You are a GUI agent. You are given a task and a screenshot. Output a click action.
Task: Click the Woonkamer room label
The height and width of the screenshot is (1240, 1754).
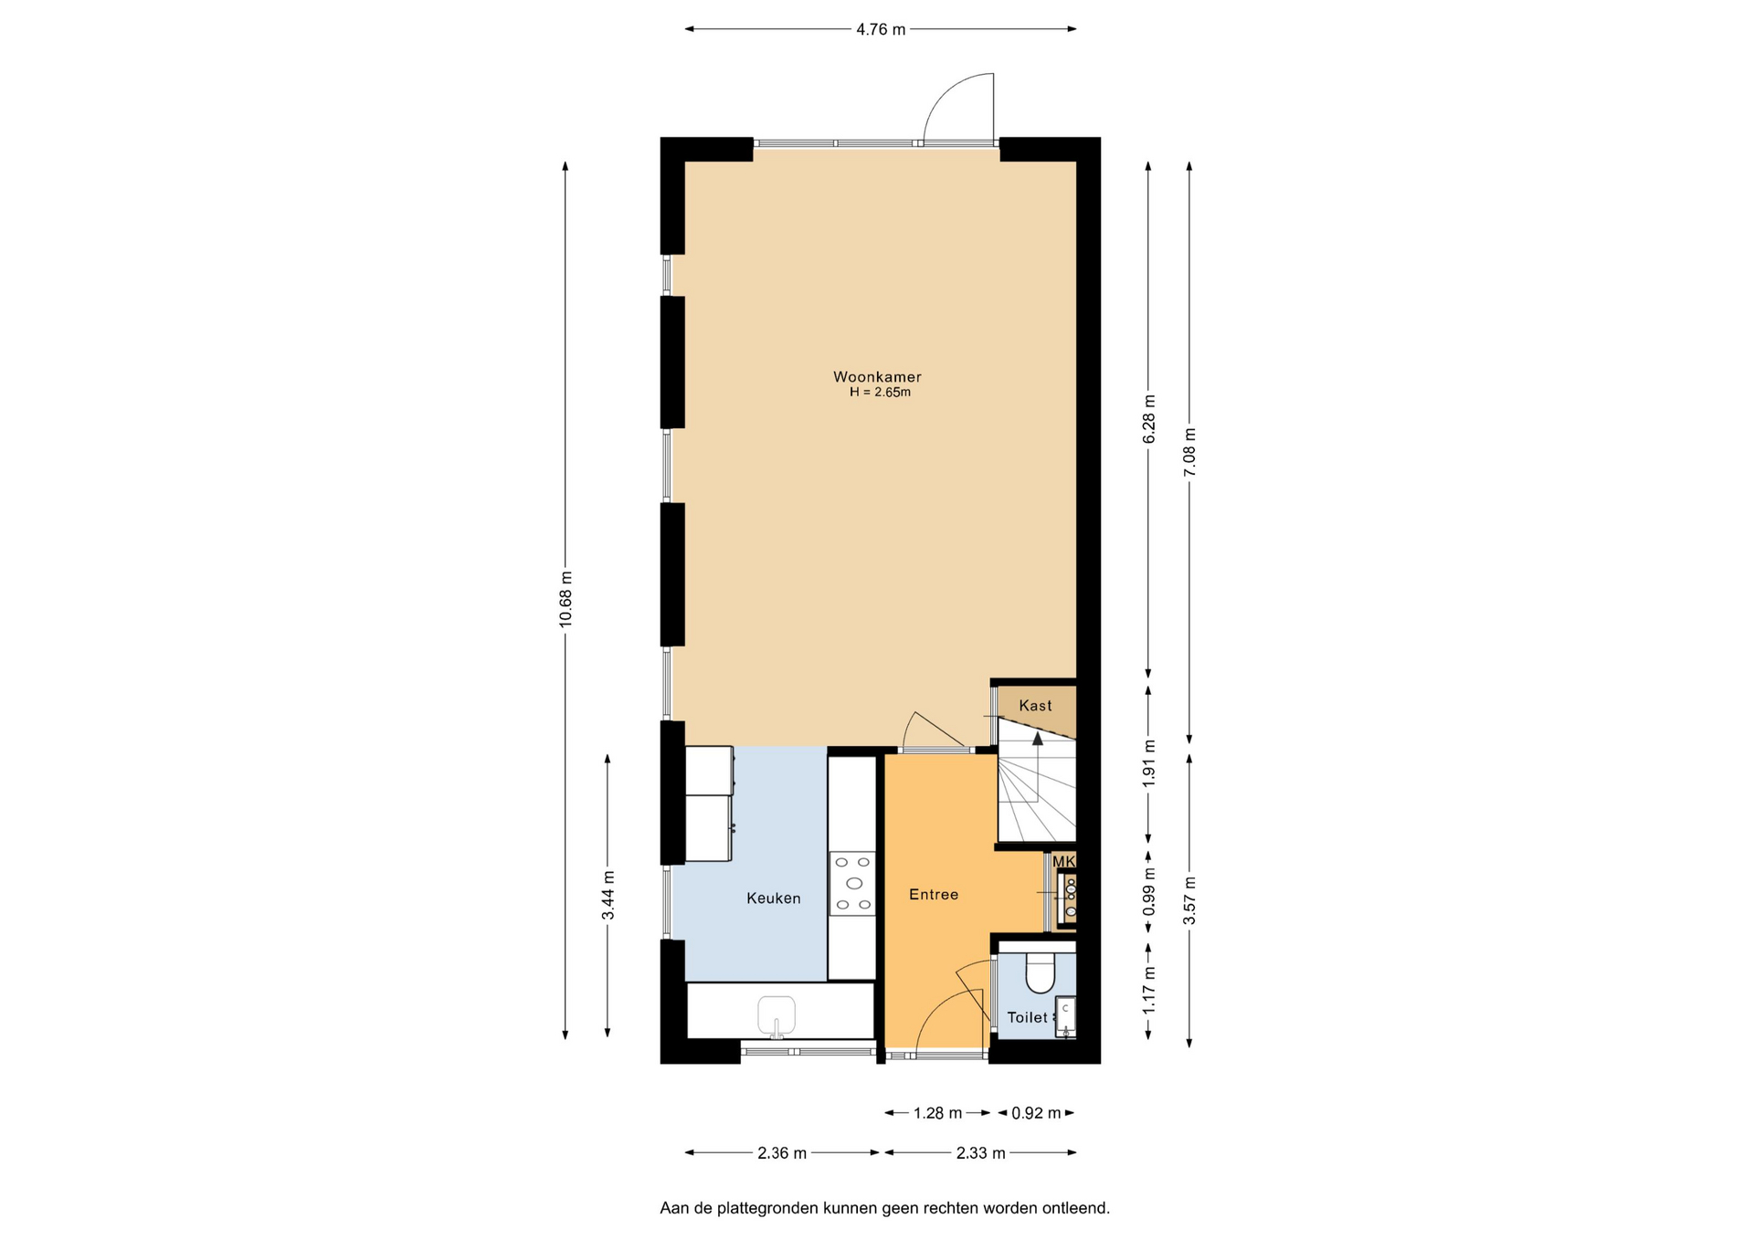pyautogui.click(x=877, y=376)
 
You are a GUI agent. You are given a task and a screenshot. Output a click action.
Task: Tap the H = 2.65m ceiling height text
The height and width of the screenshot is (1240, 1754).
pyautogui.click(x=880, y=393)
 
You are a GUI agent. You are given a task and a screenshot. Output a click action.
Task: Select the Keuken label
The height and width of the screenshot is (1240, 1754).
pyautogui.click(x=773, y=898)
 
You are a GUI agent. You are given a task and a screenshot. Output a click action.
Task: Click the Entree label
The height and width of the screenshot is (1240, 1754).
pyautogui.click(x=934, y=895)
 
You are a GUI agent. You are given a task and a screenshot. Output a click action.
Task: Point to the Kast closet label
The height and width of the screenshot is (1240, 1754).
pyautogui.click(x=1035, y=706)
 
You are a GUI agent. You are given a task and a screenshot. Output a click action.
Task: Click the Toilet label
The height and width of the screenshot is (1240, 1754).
pyautogui.click(x=1028, y=1017)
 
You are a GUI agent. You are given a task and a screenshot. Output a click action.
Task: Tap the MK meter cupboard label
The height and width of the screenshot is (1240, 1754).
pyautogui.click(x=1063, y=862)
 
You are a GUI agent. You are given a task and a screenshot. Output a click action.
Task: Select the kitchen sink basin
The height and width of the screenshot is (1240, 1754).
pyautogui.click(x=777, y=1015)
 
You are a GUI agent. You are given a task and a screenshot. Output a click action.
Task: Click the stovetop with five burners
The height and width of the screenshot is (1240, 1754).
pyautogui.click(x=852, y=883)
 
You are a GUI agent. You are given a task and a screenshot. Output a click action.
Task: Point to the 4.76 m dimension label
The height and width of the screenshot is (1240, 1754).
pyautogui.click(x=881, y=29)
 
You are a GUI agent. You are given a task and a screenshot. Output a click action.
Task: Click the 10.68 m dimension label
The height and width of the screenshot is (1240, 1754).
pyautogui.click(x=565, y=599)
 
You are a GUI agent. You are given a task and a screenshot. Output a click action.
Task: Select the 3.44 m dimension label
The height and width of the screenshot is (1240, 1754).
pyautogui.click(x=608, y=896)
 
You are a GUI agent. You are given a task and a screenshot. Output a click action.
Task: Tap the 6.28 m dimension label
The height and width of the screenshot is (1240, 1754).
pyautogui.click(x=1148, y=419)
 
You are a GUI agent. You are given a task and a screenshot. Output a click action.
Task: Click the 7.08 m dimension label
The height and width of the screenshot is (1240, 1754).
pyautogui.click(x=1189, y=452)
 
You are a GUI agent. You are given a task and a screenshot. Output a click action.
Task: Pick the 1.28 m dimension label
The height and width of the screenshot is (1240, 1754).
pyautogui.click(x=938, y=1113)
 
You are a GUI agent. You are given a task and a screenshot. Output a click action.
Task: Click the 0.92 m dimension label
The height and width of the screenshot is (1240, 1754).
pyautogui.click(x=1036, y=1113)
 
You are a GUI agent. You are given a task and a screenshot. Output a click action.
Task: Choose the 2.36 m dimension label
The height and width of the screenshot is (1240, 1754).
pyautogui.click(x=782, y=1153)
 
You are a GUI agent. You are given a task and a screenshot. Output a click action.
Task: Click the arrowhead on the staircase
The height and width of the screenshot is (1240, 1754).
pyautogui.click(x=1038, y=738)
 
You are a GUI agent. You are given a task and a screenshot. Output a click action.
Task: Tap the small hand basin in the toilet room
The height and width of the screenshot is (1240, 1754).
pyautogui.click(x=1066, y=1017)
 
